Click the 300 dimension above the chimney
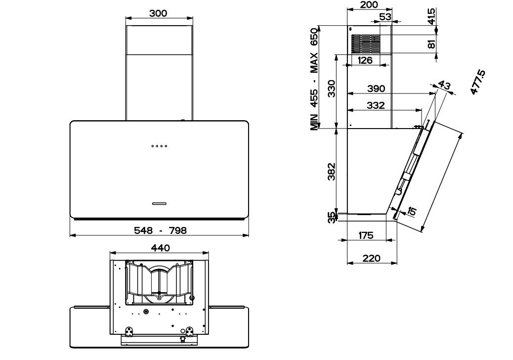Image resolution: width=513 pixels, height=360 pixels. (x=158, y=13)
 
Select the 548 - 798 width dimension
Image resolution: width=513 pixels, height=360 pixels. (x=160, y=230)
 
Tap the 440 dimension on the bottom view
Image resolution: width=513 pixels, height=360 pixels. (x=160, y=248)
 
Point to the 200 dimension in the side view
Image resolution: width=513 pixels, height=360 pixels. (x=369, y=4)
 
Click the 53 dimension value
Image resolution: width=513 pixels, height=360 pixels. (x=385, y=17)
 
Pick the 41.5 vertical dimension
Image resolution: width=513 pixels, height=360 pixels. (x=431, y=16)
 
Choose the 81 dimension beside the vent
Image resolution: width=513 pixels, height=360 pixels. (x=432, y=43)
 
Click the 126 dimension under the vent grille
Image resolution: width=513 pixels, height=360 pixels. (x=365, y=60)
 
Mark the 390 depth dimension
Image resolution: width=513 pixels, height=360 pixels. (x=376, y=89)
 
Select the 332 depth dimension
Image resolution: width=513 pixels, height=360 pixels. (x=376, y=105)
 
